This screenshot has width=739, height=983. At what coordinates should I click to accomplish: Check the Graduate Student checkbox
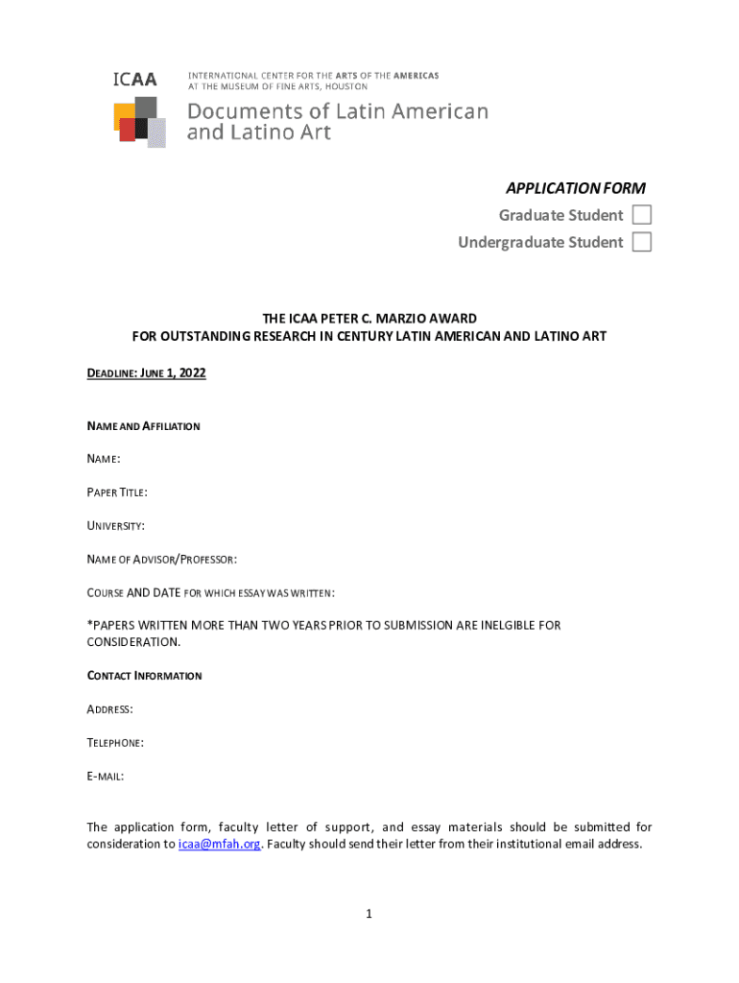[x=641, y=215]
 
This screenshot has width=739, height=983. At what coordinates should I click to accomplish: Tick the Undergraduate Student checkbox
[x=641, y=242]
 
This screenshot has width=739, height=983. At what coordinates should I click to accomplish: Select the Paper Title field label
[x=117, y=492]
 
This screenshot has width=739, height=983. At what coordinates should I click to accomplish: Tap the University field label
[x=116, y=526]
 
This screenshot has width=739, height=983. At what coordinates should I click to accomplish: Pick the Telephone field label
[x=115, y=743]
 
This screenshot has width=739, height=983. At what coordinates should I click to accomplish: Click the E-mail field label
[x=105, y=777]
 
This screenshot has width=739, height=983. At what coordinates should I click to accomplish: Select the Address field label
[x=109, y=709]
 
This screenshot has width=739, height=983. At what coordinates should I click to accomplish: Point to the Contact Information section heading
[x=144, y=676]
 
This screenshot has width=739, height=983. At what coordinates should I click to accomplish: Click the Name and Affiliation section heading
[x=143, y=426]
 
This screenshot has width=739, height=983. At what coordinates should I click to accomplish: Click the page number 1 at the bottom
[x=369, y=915]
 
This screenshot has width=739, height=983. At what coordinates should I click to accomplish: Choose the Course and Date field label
[x=210, y=593]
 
